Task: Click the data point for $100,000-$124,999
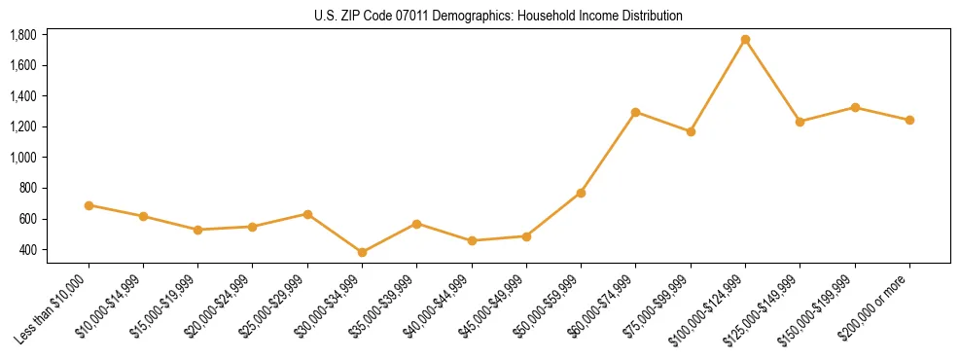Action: pos(745,40)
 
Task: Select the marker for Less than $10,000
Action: pos(89,205)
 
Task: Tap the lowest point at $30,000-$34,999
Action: pos(362,252)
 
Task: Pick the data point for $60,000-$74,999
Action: pos(635,112)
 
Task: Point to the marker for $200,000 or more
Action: pos(909,120)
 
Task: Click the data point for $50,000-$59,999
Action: pos(581,193)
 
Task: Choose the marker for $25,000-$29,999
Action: pos(307,214)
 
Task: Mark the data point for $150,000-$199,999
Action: pos(855,107)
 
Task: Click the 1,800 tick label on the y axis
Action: pos(23,35)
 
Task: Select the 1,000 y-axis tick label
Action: pos(23,158)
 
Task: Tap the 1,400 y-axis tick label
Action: pos(23,96)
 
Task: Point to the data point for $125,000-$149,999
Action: pos(800,122)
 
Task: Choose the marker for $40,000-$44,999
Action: pos(472,240)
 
